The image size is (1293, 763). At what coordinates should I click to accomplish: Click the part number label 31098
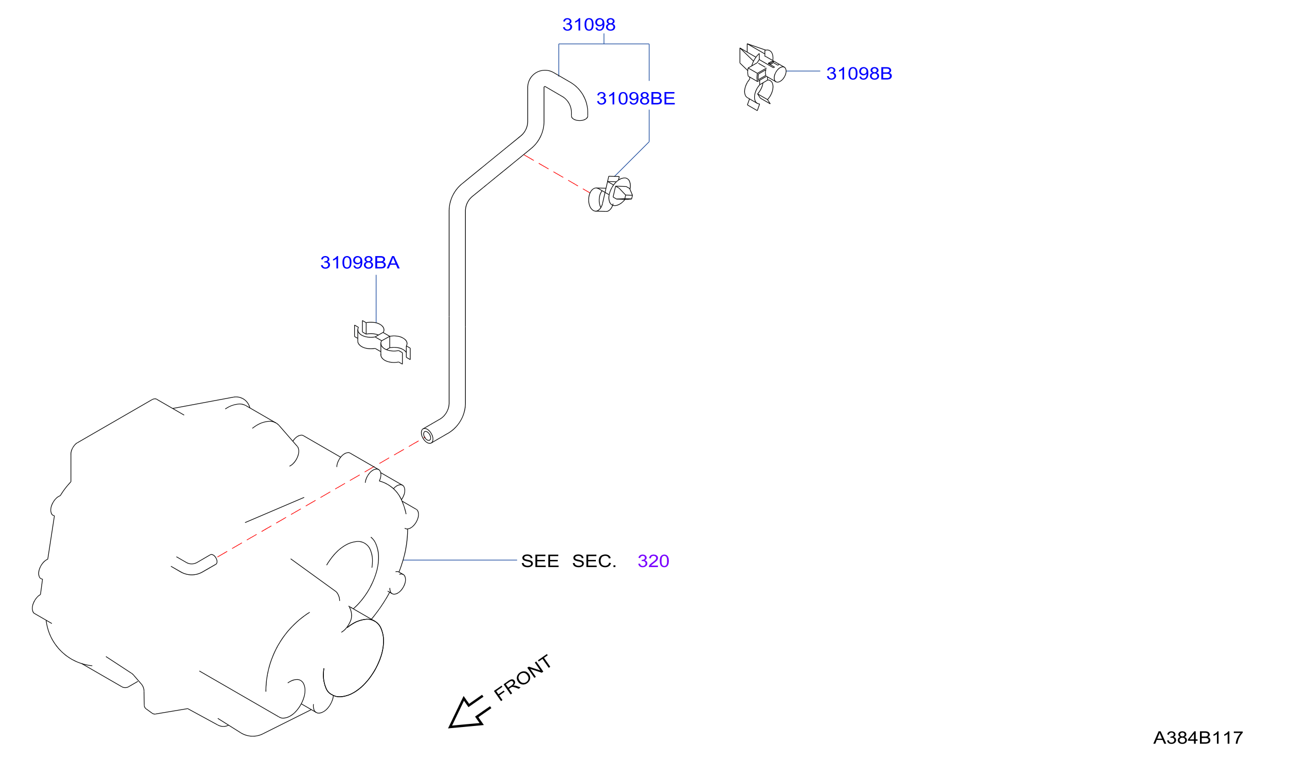tap(589, 25)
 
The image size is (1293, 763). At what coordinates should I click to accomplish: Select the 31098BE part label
tap(635, 99)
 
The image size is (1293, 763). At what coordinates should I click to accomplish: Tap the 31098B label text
tap(859, 74)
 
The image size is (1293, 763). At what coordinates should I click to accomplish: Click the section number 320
tap(653, 561)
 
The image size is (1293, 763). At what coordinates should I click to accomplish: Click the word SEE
tap(540, 561)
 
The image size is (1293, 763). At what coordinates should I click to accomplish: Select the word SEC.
tap(594, 561)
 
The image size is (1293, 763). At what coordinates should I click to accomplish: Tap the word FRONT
tap(522, 678)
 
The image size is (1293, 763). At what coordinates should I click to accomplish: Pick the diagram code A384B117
tap(1198, 738)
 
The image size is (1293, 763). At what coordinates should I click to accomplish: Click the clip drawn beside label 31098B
tap(762, 77)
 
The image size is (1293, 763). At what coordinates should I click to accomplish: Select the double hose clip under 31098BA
tap(383, 342)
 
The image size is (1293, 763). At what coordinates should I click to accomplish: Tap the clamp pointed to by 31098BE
tap(610, 194)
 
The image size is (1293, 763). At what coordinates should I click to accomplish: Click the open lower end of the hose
tap(427, 436)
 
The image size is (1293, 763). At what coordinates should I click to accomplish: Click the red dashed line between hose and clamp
tap(557, 174)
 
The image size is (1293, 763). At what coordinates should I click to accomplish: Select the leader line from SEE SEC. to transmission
tap(460, 560)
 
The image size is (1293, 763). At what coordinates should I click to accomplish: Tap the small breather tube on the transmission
tap(194, 565)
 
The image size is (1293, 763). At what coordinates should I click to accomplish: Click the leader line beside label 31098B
tap(803, 71)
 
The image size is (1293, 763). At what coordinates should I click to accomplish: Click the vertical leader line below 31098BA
tap(376, 299)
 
